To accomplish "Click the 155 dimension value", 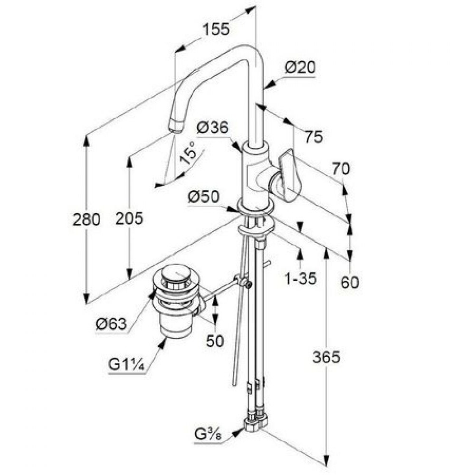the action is pyautogui.click(x=216, y=29).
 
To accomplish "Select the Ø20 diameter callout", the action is pyautogui.click(x=300, y=67).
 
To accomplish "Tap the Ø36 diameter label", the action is pyautogui.click(x=212, y=127).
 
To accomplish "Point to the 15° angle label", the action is pyautogui.click(x=188, y=152).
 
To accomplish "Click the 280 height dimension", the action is pyautogui.click(x=86, y=219).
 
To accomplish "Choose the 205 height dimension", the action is pyautogui.click(x=129, y=218).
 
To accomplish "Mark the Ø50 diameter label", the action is pyautogui.click(x=203, y=197).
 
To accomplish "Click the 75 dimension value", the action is pyautogui.click(x=314, y=137).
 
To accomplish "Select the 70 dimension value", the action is pyautogui.click(x=341, y=169).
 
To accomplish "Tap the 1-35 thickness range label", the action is pyautogui.click(x=301, y=278).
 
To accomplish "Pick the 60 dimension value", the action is pyautogui.click(x=350, y=282).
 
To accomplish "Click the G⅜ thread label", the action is pyautogui.click(x=208, y=435).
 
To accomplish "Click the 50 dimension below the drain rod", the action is pyautogui.click(x=215, y=341).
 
